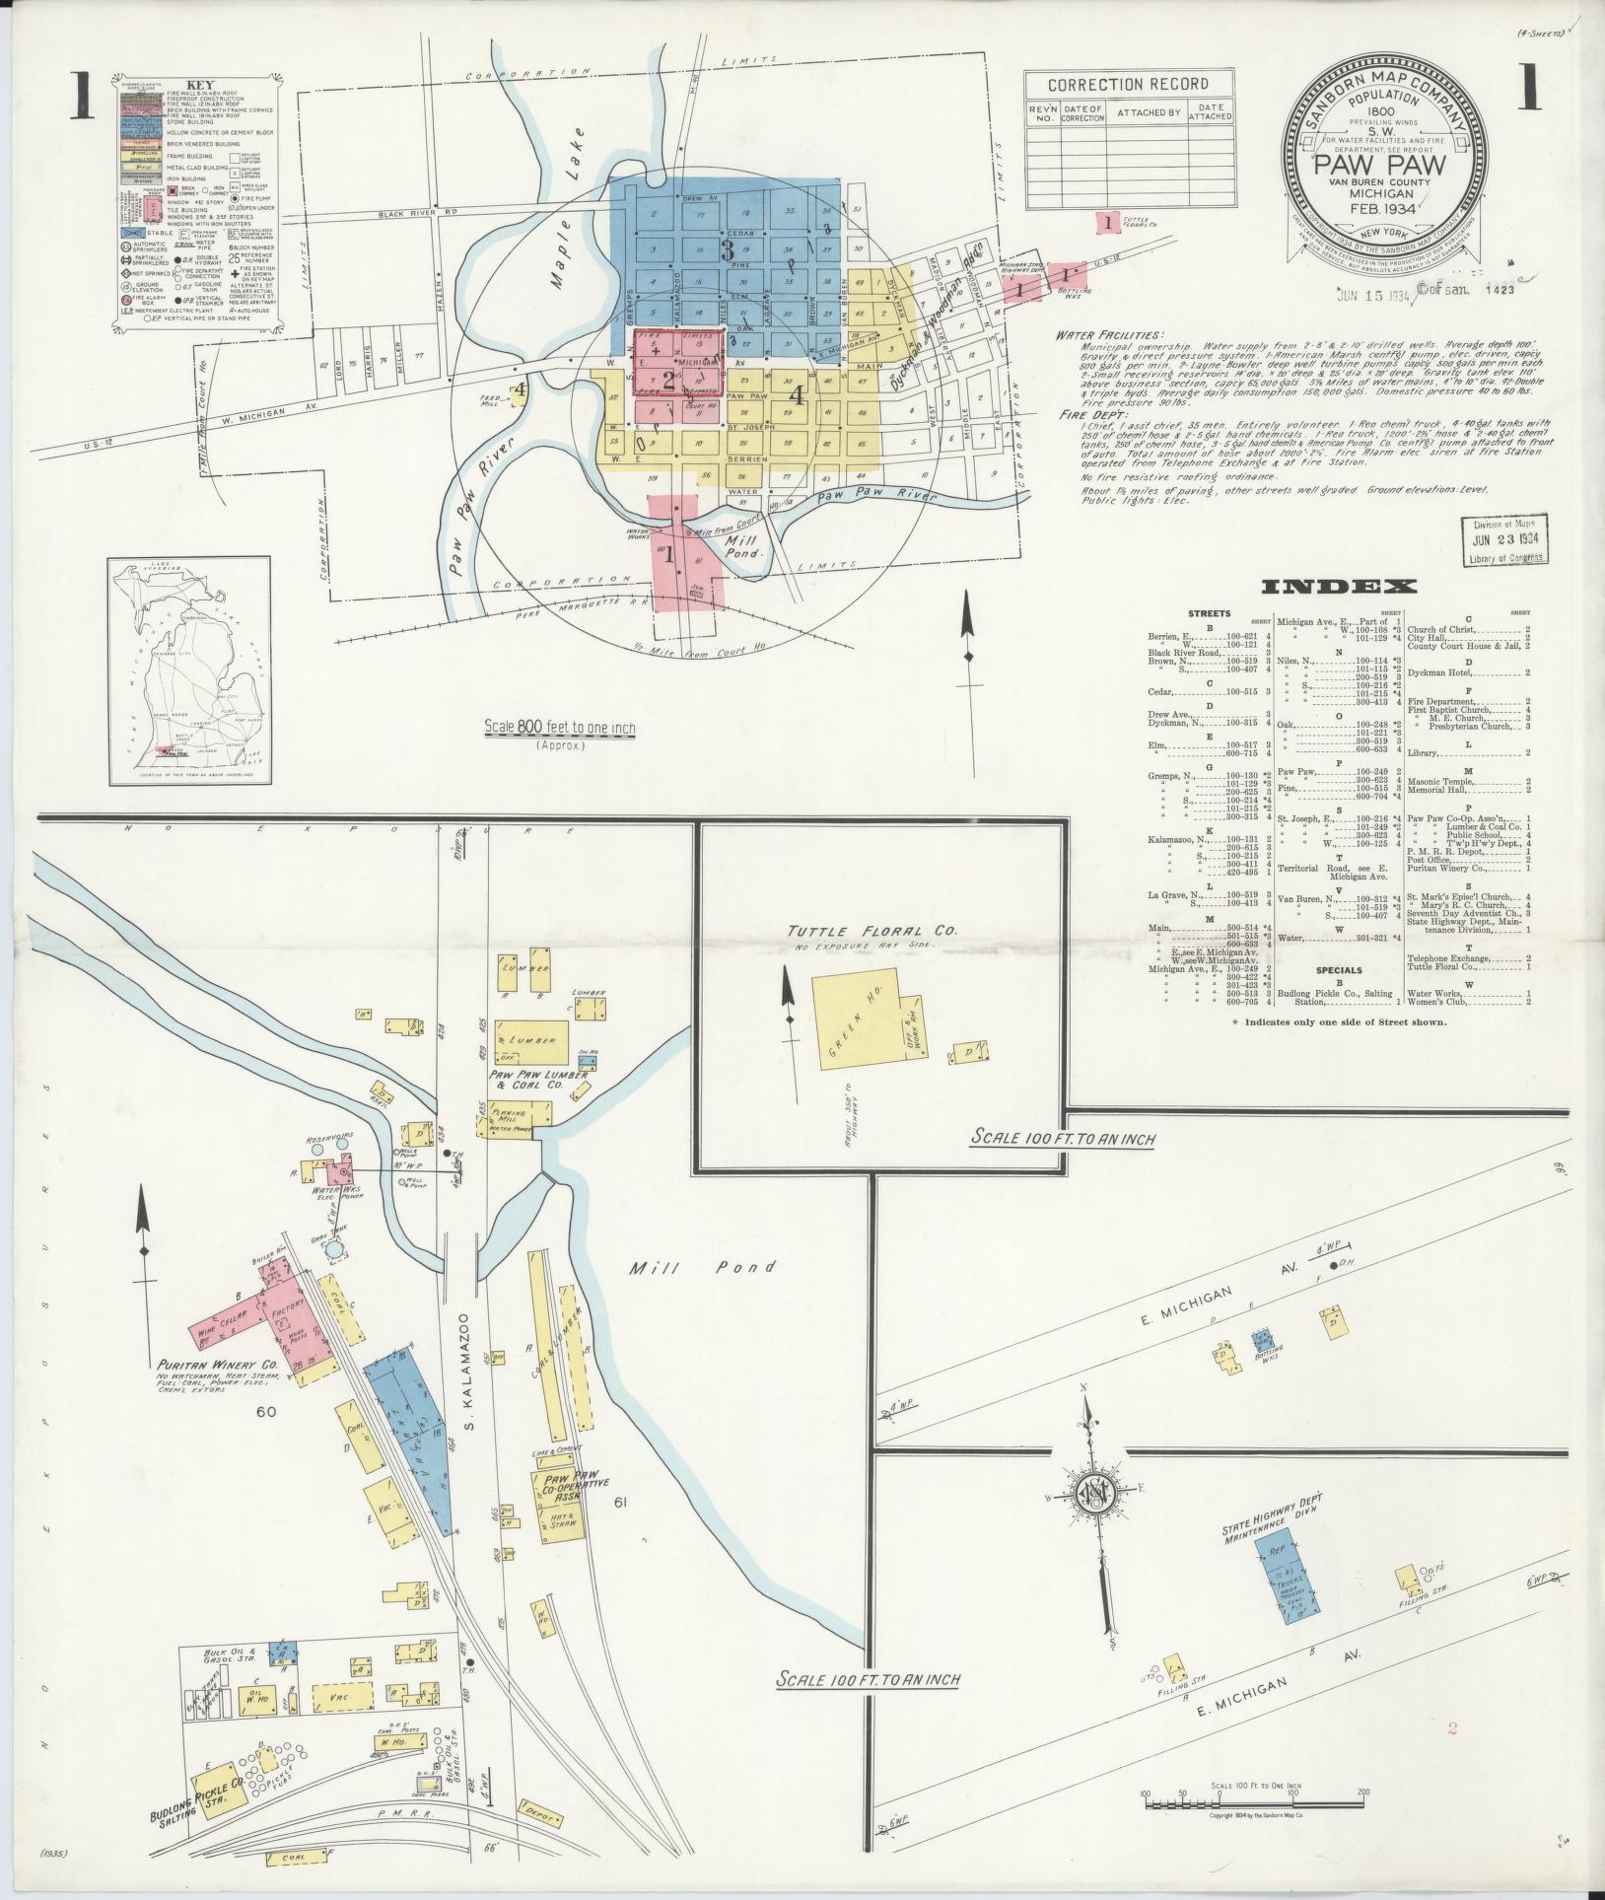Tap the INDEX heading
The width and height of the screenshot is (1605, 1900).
pos(1339,588)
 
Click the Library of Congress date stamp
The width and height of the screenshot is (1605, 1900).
pos(1504,540)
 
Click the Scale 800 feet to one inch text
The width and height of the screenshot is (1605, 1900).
pos(559,729)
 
